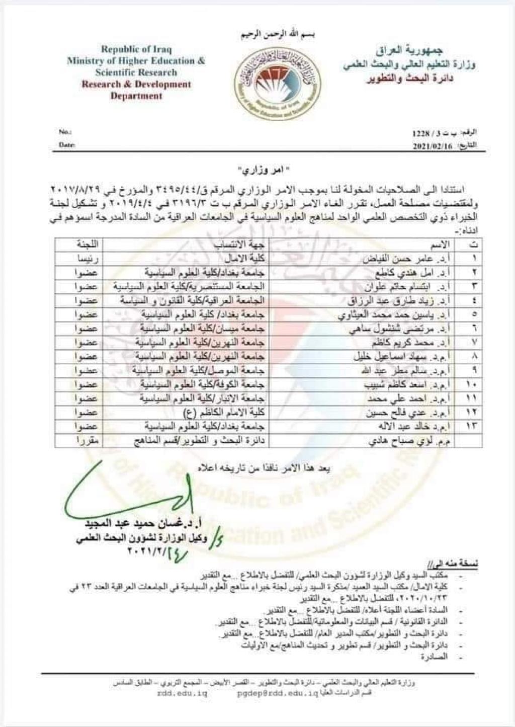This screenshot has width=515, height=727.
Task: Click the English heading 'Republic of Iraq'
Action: coord(136,49)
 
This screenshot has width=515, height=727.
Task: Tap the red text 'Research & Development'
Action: coord(136,84)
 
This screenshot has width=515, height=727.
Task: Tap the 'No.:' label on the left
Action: coord(65,132)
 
